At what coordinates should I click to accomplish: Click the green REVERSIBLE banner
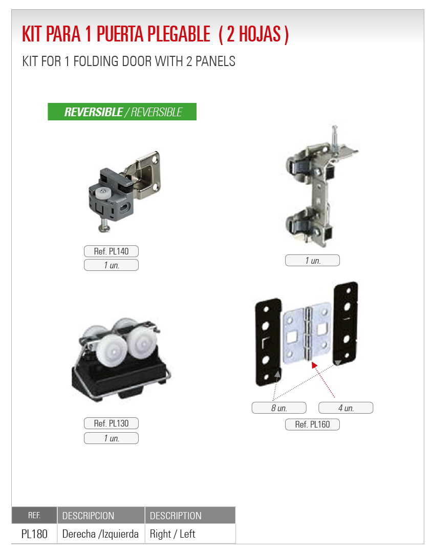point(122,112)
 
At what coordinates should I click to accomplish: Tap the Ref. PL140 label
point(111,251)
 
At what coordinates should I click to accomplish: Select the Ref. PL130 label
point(111,423)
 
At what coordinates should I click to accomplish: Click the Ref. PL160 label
point(312,424)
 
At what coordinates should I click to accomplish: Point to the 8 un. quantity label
point(279,408)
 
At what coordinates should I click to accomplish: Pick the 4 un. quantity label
point(346,408)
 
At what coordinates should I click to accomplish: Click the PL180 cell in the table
point(34,534)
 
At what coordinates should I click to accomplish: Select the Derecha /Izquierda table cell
point(100,534)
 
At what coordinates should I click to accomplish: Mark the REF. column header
point(34,515)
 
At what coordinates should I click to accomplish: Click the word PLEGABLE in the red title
point(179,34)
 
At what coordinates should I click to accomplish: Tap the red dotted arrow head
point(314,365)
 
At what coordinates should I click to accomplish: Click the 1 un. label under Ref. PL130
point(111,438)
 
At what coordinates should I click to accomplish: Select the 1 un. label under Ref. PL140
point(111,265)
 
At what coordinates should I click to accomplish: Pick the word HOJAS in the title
point(259,34)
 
